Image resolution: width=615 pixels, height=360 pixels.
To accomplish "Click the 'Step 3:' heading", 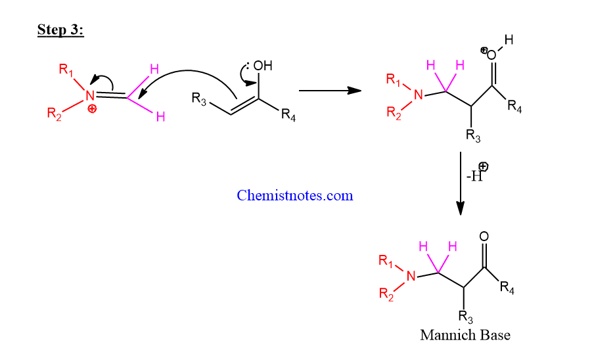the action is [60, 30].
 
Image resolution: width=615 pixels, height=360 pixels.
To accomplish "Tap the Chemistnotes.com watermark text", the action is [295, 195].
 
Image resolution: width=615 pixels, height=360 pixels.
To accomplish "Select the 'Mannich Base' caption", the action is [465, 335].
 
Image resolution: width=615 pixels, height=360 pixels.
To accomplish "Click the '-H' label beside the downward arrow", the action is [474, 176].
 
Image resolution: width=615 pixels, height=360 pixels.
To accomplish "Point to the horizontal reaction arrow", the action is [330, 91].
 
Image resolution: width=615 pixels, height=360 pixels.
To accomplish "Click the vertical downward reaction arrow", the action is [461, 183].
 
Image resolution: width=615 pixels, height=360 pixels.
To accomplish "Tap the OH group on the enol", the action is [263, 66].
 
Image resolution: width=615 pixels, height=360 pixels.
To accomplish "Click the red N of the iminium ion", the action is [90, 95].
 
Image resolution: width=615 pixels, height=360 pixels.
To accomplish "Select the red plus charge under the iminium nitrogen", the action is [92, 108].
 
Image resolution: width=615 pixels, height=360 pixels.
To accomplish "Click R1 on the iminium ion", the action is [66, 70].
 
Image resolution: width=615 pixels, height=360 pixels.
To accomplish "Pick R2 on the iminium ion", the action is [54, 114].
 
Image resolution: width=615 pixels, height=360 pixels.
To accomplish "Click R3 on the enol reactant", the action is [199, 99].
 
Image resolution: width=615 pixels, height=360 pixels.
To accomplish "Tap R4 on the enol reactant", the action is [288, 115].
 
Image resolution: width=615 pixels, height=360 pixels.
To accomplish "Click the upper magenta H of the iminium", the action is [154, 69].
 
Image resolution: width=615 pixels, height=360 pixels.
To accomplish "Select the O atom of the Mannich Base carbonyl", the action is [484, 236].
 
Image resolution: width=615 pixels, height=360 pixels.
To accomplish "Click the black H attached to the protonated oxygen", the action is [509, 39].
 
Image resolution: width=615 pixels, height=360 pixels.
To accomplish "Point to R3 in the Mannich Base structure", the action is [466, 317].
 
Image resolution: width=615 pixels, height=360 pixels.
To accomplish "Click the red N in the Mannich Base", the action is [411, 276].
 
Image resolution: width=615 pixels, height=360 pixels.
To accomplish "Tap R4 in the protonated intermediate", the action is [514, 106].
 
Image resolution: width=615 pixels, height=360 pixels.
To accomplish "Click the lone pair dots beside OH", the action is [248, 66].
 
